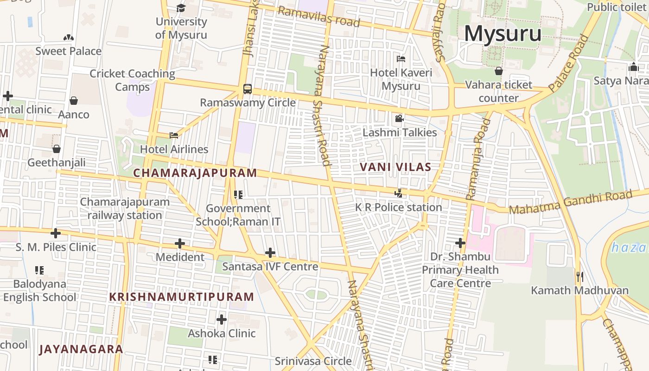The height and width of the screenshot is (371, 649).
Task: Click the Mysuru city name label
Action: point(503,33)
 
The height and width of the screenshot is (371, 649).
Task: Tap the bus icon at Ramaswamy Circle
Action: point(248,89)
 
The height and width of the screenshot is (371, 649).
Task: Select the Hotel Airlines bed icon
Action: point(174,135)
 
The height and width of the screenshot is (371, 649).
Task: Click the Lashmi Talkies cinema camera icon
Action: point(399,119)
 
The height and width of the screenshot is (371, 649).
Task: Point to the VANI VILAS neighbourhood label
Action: point(395,167)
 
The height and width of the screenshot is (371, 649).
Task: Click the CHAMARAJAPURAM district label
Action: point(195,173)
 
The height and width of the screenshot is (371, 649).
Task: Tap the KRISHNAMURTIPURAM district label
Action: point(181,297)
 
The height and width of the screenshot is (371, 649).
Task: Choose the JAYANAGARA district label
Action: point(81,349)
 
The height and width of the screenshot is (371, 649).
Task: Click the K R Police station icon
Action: point(398,193)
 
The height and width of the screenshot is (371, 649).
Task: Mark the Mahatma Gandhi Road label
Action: point(571,202)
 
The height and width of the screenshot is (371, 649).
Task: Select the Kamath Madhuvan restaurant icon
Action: point(579,277)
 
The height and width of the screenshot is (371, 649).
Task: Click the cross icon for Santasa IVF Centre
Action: point(270,253)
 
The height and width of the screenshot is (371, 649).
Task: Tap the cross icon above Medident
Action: point(180,243)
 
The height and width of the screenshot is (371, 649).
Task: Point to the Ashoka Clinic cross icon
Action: point(222,319)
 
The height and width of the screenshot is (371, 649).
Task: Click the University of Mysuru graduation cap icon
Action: point(181,8)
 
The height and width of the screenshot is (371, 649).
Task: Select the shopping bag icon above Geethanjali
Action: point(57,149)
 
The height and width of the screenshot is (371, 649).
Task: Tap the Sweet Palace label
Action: point(69,51)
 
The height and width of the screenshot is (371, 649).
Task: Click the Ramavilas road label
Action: point(319,17)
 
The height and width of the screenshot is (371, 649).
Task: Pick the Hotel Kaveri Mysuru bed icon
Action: point(401,59)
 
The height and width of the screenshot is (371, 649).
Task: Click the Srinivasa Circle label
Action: point(313,361)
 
